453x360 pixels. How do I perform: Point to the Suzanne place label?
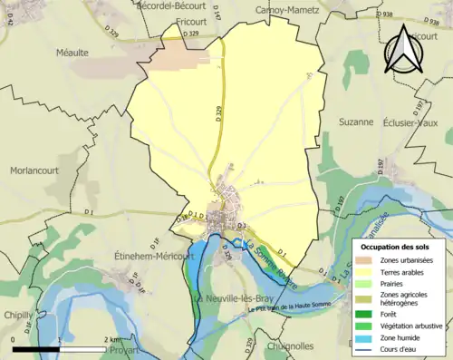point(355,122)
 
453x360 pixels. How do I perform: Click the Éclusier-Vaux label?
point(412,122)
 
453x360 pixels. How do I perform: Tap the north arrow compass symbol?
point(401,50)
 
